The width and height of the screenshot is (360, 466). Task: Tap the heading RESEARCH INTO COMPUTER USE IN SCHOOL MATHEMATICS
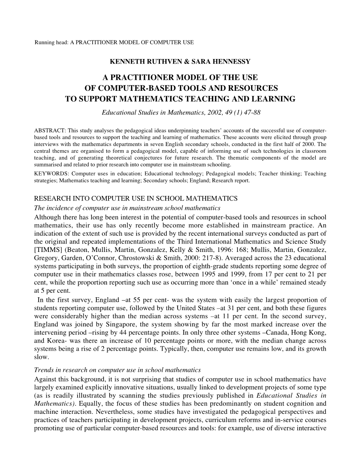pyautogui.click(x=136, y=199)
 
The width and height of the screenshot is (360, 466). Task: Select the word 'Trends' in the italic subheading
pyautogui.click(x=43, y=370)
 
